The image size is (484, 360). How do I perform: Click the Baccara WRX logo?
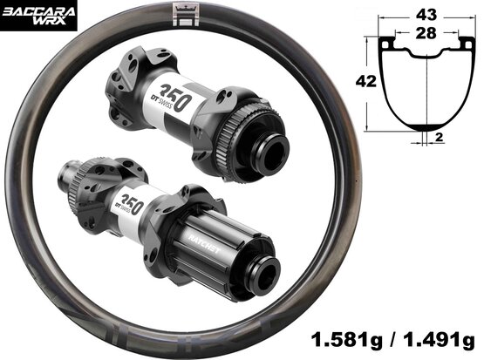click(38, 16)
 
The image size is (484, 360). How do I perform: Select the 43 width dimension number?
click(426, 15)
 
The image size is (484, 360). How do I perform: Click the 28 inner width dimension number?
click(426, 33)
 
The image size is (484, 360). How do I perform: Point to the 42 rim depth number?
click(366, 81)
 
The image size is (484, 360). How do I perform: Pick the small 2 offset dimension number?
click(439, 137)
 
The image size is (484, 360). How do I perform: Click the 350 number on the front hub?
click(174, 97)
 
